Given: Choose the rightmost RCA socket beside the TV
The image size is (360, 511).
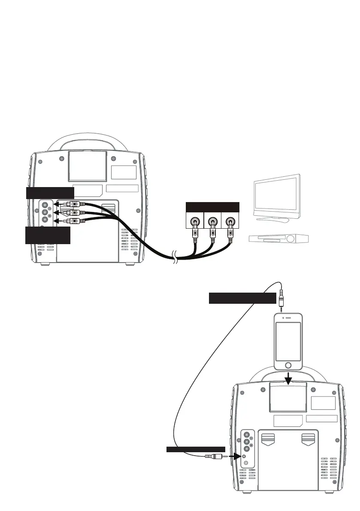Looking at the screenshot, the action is (230, 222).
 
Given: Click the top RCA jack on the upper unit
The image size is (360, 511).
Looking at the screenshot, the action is (45, 205).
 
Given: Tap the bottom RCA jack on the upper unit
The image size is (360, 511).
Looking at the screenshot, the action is (45, 221).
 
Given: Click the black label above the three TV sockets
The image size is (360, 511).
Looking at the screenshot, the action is (212, 206).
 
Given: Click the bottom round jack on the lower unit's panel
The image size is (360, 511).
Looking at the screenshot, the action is (246, 463).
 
